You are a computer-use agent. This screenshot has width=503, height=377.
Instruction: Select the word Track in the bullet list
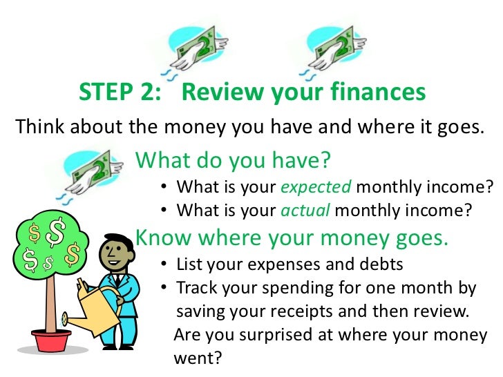(198, 288)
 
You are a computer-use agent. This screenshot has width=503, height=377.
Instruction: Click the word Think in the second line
(39, 127)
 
